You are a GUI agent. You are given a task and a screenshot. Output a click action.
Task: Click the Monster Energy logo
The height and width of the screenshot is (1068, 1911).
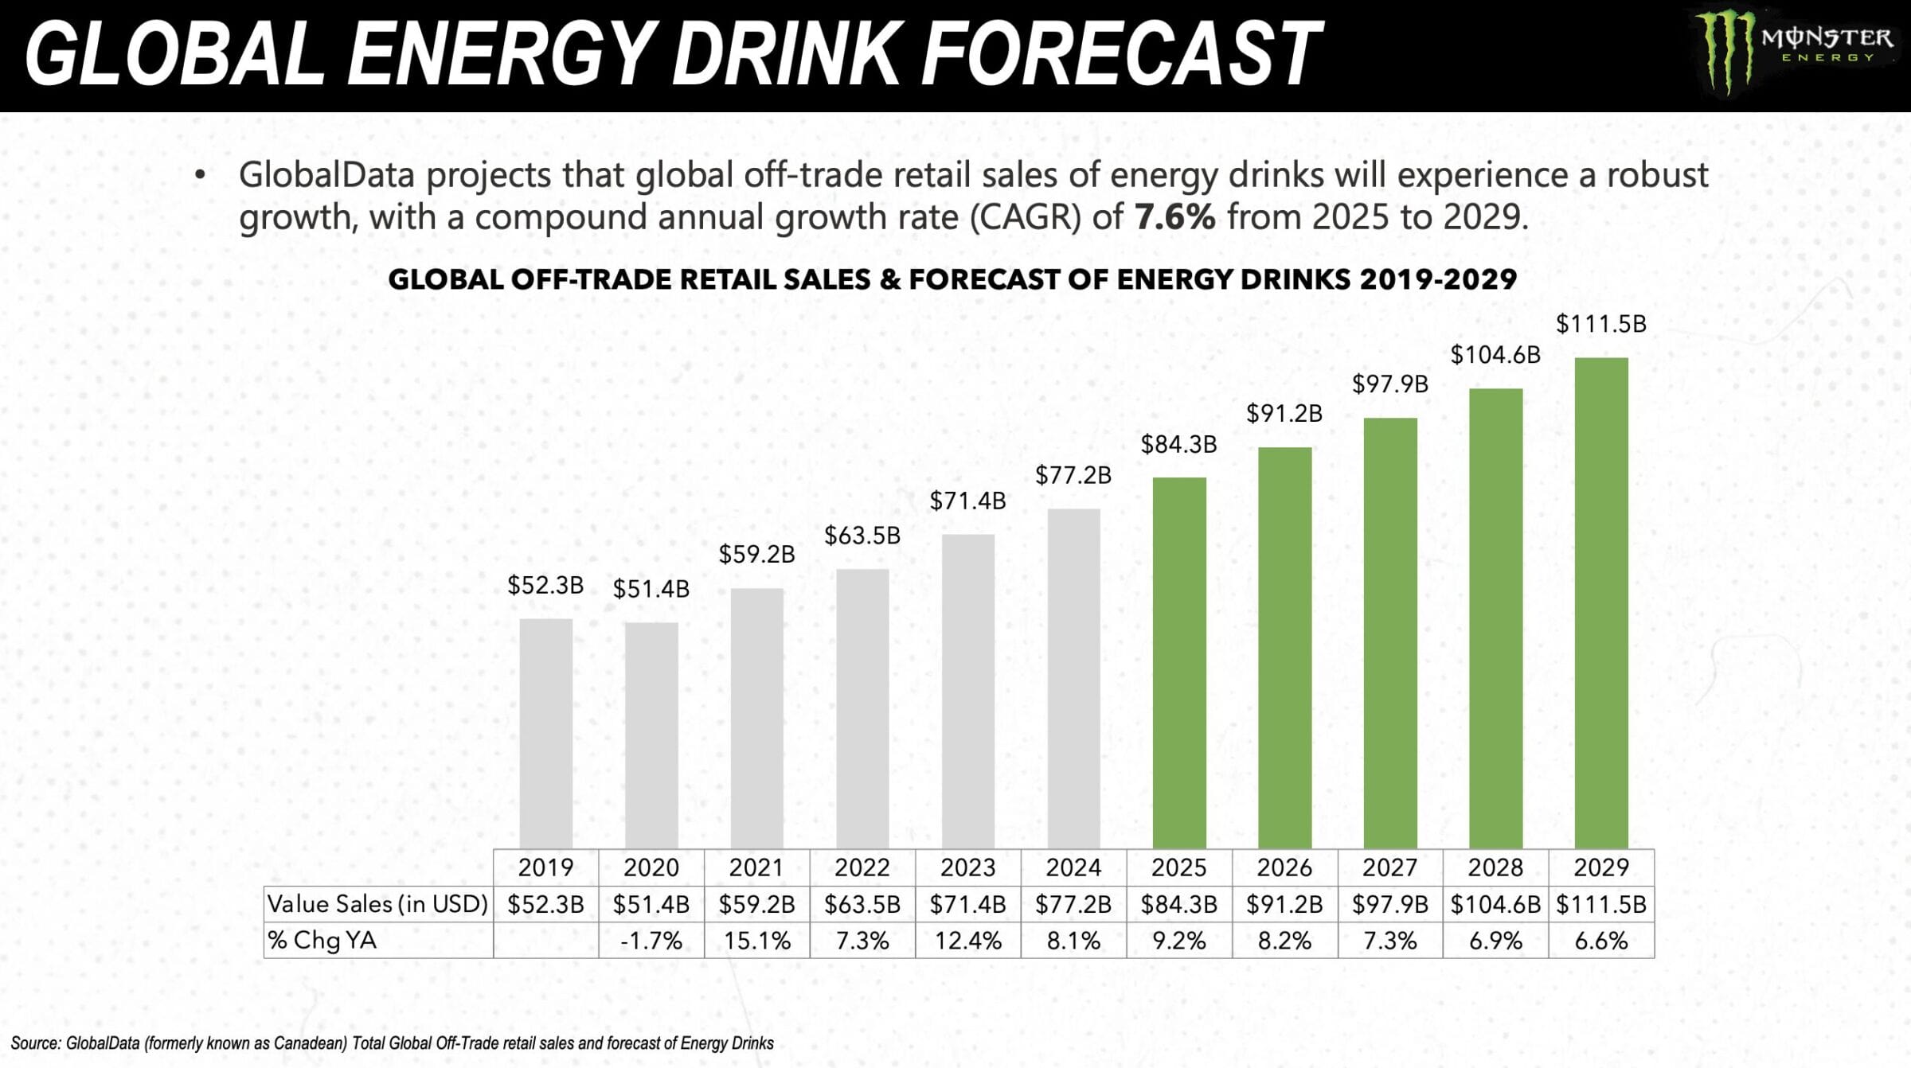1792,52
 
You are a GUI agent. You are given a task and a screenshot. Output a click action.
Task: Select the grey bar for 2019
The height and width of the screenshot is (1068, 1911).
545,732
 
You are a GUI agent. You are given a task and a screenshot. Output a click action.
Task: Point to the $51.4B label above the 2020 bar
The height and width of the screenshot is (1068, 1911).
651,589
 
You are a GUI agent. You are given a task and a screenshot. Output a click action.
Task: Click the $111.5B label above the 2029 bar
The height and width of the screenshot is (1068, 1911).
1600,324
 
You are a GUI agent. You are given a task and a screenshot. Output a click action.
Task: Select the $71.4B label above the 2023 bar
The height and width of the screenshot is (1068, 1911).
967,501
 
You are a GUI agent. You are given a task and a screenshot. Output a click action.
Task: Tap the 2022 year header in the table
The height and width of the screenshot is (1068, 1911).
862,867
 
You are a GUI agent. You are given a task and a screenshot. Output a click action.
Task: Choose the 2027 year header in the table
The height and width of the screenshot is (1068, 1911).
1389,867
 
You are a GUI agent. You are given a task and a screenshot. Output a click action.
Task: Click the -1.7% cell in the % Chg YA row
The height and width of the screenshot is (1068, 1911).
651,941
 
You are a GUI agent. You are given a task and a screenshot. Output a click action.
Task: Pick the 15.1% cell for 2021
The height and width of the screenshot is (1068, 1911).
756,941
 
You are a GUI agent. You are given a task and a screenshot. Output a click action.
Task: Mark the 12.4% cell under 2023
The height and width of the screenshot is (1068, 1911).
967,941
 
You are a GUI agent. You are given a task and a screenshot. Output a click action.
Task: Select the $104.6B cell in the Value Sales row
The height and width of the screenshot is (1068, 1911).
1495,904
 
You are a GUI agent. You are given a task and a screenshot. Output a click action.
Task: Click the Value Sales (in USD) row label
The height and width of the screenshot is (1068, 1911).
377,904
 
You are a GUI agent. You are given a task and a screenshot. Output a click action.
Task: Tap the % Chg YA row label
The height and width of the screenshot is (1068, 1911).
322,941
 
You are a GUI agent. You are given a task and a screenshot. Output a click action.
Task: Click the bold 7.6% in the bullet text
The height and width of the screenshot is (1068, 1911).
1174,216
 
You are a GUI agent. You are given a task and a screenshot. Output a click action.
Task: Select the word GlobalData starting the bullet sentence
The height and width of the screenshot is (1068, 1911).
326,175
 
